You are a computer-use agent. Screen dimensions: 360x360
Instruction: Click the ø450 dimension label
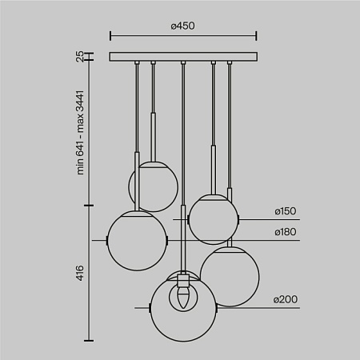click(x=182, y=25)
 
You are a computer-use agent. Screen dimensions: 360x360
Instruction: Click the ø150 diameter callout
click(x=285, y=212)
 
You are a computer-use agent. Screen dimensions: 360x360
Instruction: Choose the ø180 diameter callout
click(x=285, y=233)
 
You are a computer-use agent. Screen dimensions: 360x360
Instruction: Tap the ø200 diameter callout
click(x=285, y=300)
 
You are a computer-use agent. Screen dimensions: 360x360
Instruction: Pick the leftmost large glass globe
click(x=137, y=239)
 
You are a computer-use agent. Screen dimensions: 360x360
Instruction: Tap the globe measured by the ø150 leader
click(x=212, y=218)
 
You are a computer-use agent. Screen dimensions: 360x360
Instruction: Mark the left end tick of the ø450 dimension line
click(x=110, y=36)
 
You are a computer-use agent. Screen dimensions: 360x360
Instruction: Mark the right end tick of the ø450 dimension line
click(x=256, y=36)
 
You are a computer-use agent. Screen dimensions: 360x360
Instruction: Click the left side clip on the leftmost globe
click(x=107, y=239)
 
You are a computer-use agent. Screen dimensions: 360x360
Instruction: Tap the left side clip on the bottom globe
click(x=151, y=307)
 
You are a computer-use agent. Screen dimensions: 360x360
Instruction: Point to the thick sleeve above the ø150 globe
click(x=214, y=167)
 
